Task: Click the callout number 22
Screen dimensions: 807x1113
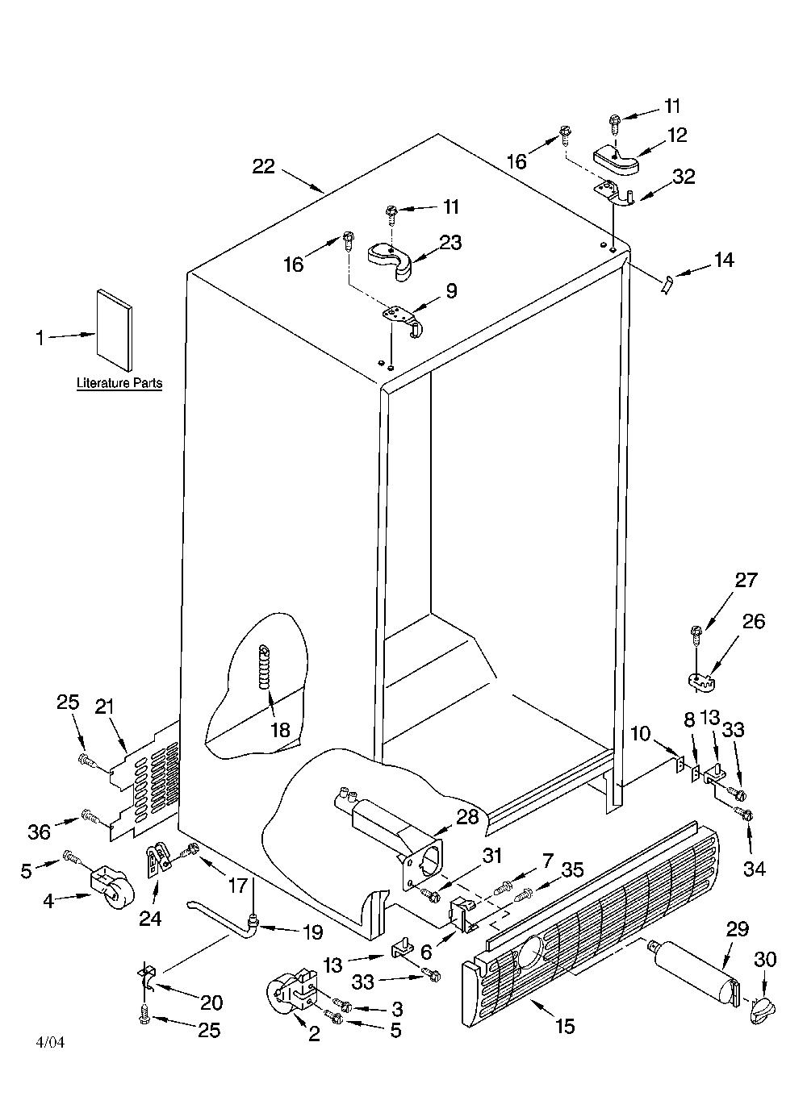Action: pos(264,166)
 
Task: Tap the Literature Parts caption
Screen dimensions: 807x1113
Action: pos(119,383)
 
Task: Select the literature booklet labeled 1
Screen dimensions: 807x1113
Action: pos(115,330)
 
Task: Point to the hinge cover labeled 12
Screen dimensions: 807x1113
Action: pos(617,160)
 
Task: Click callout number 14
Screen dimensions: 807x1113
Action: pos(724,260)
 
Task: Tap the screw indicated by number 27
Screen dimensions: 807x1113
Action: pos(696,638)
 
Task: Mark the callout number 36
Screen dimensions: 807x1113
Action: pos(39,832)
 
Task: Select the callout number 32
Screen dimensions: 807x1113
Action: pos(684,177)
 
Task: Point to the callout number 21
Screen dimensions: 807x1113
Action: pos(105,707)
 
